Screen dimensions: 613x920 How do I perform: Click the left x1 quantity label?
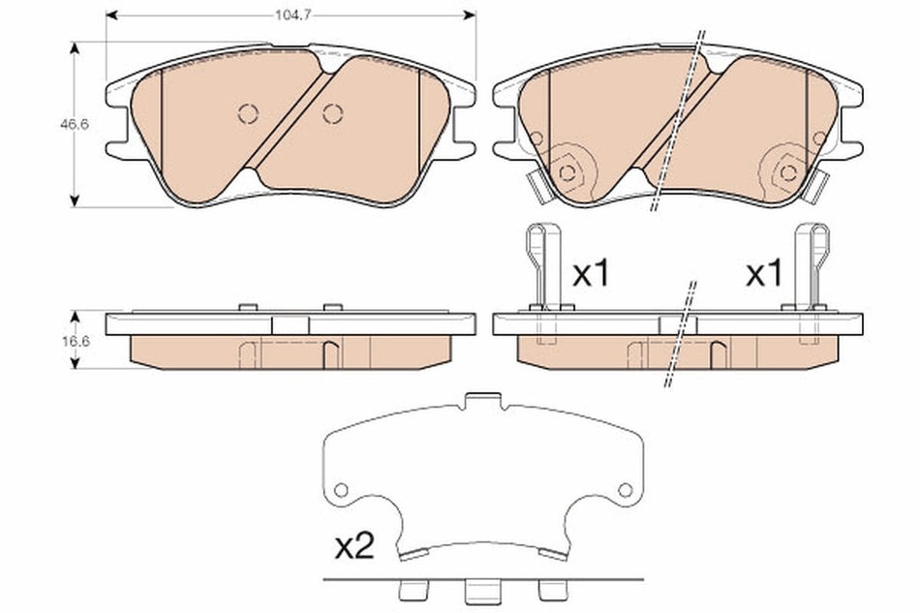tap(590, 274)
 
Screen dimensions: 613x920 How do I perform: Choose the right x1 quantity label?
tap(762, 274)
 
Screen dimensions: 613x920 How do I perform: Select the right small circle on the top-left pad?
tap(332, 113)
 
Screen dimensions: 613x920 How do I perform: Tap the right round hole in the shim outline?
tap(626, 490)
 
